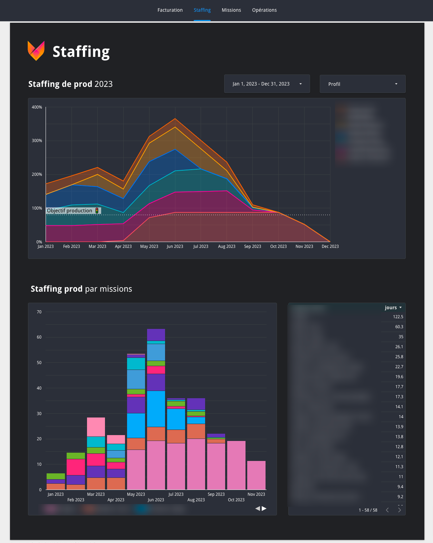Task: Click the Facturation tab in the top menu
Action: click(170, 10)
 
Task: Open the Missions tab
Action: click(231, 10)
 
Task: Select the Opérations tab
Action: click(264, 10)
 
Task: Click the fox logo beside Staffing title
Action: click(36, 51)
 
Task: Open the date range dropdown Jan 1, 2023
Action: click(267, 84)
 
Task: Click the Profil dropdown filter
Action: click(362, 84)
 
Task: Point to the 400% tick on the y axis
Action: click(37, 107)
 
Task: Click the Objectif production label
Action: click(70, 211)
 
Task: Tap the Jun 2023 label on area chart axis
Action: click(175, 247)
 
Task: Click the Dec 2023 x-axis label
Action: click(330, 247)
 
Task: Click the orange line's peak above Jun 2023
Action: click(175, 119)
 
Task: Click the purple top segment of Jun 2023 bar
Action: click(156, 334)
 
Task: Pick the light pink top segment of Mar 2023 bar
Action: click(96, 427)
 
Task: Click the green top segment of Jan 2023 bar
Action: click(56, 476)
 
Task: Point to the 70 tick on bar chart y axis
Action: click(39, 312)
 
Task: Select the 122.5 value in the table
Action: click(398, 317)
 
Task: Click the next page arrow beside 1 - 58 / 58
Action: click(400, 510)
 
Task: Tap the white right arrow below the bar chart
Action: click(264, 509)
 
